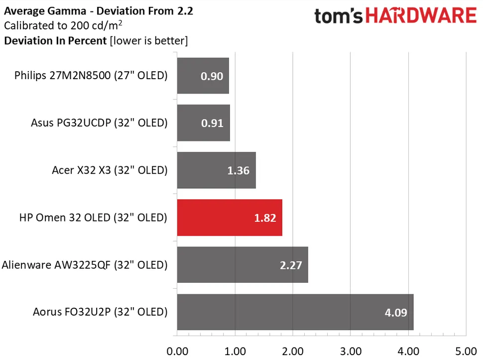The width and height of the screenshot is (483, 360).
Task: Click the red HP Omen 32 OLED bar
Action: [229, 218]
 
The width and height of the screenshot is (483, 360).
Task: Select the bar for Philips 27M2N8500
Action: [203, 76]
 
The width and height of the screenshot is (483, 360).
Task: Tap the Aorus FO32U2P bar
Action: [295, 312]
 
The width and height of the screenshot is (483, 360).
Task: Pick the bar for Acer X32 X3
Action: [216, 170]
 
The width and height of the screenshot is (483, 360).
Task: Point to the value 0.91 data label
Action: [212, 123]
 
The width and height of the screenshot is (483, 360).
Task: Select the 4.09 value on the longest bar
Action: [395, 313]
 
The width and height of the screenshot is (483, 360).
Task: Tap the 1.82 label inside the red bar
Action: [264, 218]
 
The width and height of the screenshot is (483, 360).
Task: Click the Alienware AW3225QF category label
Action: [85, 265]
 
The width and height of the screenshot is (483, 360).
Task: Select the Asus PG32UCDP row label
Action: [99, 123]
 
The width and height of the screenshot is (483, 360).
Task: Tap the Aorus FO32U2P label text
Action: [100, 312]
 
